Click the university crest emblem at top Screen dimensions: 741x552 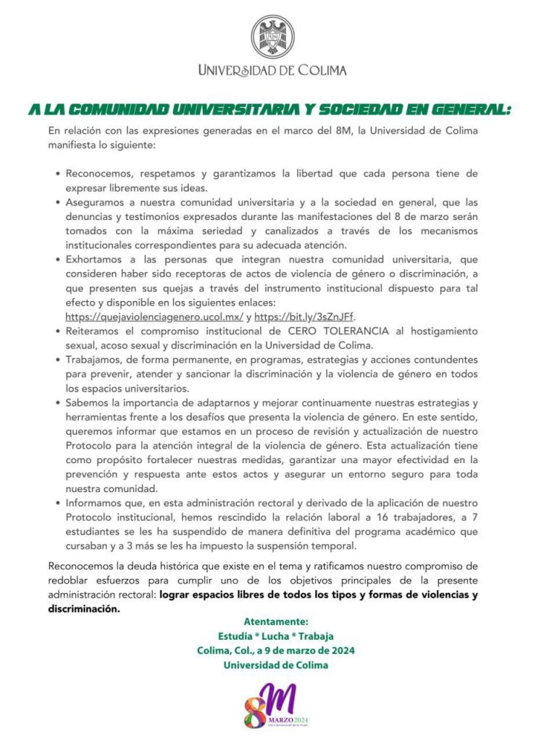pyautogui.click(x=272, y=36)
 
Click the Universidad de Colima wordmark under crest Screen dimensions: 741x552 pyautogui.click(x=272, y=70)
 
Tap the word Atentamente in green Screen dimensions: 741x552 pyautogui.click(x=276, y=622)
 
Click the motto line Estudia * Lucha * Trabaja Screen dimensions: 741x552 pyautogui.click(x=276, y=636)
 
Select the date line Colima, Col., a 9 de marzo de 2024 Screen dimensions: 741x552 pyautogui.click(x=276, y=651)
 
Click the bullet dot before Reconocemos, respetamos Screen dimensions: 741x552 pyautogui.click(x=57, y=174)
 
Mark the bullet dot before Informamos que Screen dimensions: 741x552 pyautogui.click(x=57, y=503)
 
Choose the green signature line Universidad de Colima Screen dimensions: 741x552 pyautogui.click(x=276, y=665)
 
